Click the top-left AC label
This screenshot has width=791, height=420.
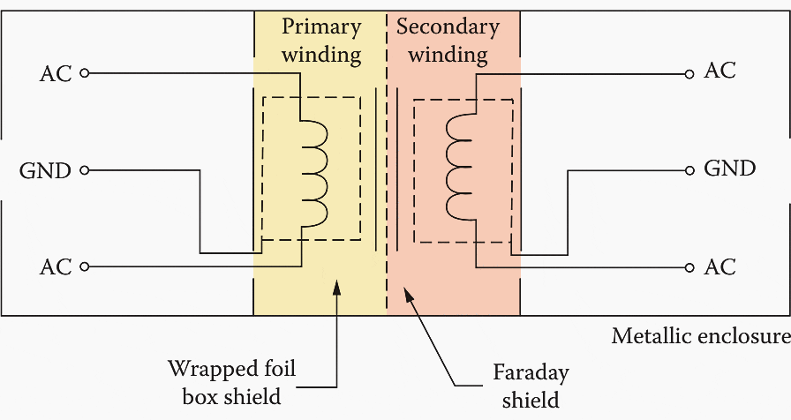[x=56, y=73]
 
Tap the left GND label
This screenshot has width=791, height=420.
[x=45, y=170]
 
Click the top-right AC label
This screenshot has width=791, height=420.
[x=719, y=71]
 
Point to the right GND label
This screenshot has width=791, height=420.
[x=729, y=169]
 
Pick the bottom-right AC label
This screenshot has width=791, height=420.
[x=719, y=266]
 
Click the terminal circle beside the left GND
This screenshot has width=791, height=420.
[x=85, y=170]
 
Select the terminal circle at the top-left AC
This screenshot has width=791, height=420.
[x=85, y=73]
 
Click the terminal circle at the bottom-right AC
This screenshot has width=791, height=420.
[x=689, y=266]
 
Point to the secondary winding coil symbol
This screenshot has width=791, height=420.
[x=459, y=167]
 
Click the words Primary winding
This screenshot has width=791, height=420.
[x=321, y=41]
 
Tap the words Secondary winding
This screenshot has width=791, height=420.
[x=448, y=41]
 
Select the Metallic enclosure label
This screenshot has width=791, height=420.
[x=700, y=336]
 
